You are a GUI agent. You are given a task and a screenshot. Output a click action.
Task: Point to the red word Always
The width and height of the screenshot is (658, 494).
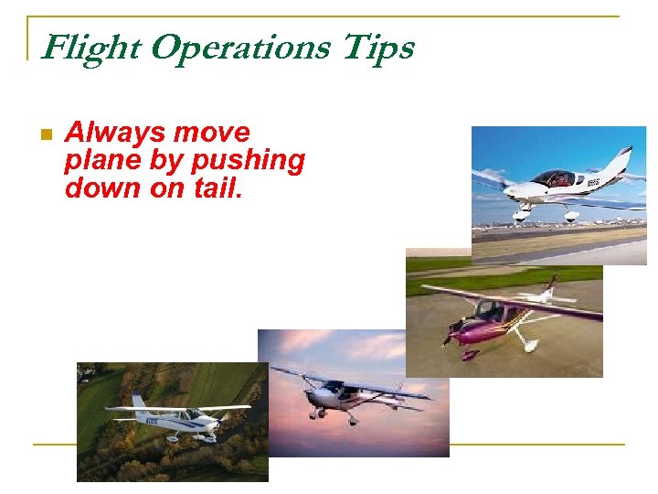point(115,134)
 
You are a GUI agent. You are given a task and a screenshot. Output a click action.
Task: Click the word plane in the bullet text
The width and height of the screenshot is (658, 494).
point(96,161)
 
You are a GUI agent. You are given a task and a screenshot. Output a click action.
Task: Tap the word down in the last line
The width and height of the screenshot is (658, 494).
point(96,188)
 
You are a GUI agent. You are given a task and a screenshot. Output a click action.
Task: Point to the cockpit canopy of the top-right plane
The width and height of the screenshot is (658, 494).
point(553,178)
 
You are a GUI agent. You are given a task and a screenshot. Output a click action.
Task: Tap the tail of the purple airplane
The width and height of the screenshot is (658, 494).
point(549,288)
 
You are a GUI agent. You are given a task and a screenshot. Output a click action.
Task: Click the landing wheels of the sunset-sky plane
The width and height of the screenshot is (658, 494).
point(334,416)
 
